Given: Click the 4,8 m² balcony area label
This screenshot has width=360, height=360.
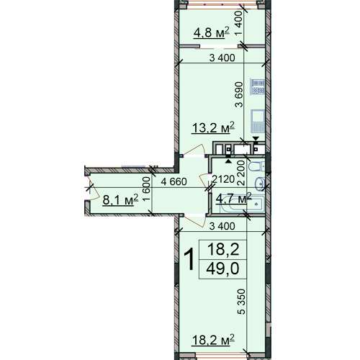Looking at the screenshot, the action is click(211, 32).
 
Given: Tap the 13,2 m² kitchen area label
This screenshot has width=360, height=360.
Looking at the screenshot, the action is click(213, 127).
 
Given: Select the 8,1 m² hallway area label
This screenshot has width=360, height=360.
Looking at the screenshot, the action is click(120, 199).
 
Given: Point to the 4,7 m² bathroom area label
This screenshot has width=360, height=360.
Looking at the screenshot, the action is click(233, 199).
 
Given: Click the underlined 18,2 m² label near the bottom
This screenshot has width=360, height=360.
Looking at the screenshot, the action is click(213, 340).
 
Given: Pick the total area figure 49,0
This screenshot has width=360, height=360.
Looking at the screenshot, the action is click(222, 269).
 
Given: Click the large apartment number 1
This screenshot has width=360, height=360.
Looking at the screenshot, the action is click(189, 260).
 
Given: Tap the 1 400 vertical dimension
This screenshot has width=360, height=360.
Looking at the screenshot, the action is click(239, 24).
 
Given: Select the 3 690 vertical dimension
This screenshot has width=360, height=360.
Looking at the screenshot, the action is click(239, 94).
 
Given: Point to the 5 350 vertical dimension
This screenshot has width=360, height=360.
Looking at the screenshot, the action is click(241, 302).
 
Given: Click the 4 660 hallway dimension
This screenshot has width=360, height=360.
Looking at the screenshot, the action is click(174, 181).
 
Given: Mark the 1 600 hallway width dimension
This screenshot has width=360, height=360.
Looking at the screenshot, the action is click(146, 189).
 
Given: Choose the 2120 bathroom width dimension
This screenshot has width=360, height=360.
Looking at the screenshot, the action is click(223, 179).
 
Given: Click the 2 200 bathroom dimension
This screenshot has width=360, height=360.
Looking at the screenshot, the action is click(241, 173).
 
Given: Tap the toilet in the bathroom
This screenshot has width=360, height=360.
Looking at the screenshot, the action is click(256, 166).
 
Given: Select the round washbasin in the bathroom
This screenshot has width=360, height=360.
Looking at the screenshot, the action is click(260, 184).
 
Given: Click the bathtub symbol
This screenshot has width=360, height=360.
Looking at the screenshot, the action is click(243, 204).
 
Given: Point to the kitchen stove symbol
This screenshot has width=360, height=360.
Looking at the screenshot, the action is click(258, 86).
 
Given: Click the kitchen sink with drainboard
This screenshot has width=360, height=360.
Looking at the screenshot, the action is click(258, 121).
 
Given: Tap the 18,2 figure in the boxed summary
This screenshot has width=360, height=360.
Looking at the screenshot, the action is click(223, 249).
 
